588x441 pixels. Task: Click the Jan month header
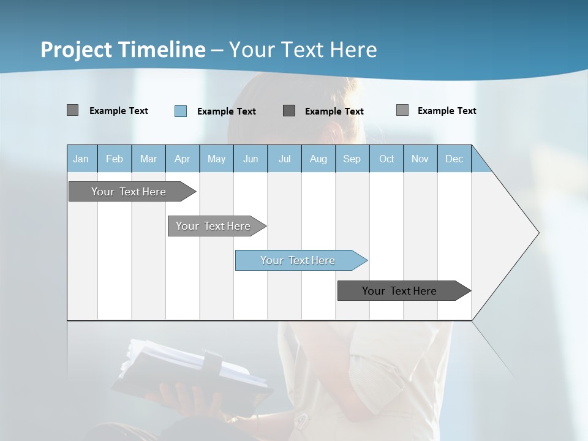click(x=81, y=159)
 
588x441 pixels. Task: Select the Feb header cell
click(x=115, y=159)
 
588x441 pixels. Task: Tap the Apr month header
click(x=183, y=159)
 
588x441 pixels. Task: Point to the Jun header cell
click(x=251, y=159)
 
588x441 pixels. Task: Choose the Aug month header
click(x=318, y=159)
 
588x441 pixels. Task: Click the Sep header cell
click(x=352, y=159)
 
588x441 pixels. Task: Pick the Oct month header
click(x=386, y=159)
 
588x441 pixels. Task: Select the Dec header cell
click(x=454, y=159)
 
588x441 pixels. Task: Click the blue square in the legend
click(x=181, y=111)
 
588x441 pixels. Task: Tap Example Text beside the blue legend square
click(x=227, y=111)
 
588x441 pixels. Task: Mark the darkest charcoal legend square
click(x=289, y=111)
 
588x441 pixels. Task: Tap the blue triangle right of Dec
click(x=480, y=163)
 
